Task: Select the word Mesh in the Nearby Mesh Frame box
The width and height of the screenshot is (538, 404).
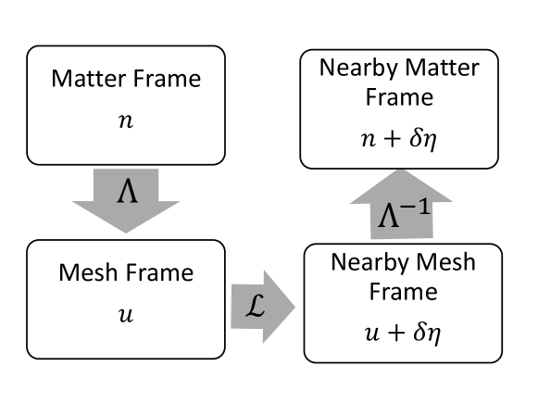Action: (x=441, y=262)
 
